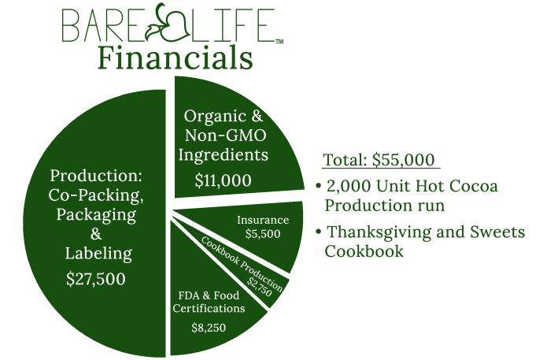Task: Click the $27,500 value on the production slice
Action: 95,279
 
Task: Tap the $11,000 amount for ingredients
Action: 224,180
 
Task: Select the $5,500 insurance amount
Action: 263,234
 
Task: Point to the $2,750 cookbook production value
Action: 259,287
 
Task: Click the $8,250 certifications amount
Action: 209,328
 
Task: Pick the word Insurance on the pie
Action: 263,220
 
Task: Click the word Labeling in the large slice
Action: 98,254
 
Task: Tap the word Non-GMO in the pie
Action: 226,135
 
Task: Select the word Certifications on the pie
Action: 209,308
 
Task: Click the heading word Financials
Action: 176,58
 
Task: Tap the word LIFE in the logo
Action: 234,25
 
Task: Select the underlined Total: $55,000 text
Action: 380,160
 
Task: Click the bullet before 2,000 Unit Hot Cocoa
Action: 318,186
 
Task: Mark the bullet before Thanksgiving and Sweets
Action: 318,232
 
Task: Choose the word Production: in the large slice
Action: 96,176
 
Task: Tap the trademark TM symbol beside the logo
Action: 279,42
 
